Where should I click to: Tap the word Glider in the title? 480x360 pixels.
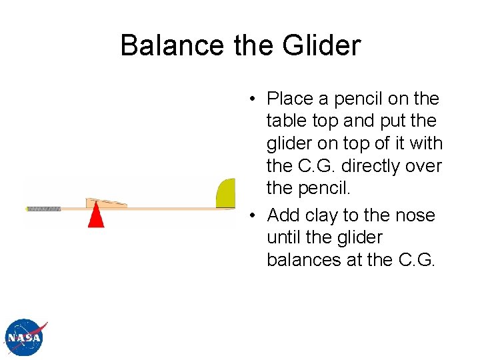tap(321, 45)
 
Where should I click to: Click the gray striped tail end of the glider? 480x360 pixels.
tap(44, 209)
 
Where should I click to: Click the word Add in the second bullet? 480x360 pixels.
tap(281, 215)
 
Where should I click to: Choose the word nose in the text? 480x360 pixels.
tap(414, 215)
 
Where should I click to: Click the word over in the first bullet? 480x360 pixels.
tap(425, 166)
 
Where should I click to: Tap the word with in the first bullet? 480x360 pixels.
tap(427, 143)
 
